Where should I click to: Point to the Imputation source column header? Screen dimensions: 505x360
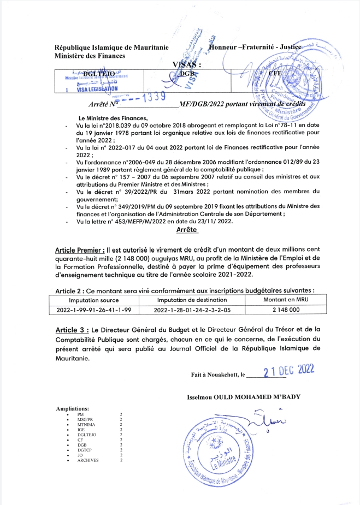click(94, 300)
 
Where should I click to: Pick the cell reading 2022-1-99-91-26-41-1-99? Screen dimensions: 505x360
click(94, 310)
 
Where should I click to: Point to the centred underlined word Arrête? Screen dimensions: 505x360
click(187, 231)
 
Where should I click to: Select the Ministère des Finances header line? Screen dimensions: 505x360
click(90, 56)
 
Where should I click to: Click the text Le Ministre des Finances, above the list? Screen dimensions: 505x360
click(113, 118)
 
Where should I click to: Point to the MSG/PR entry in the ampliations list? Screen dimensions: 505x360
click(85, 419)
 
